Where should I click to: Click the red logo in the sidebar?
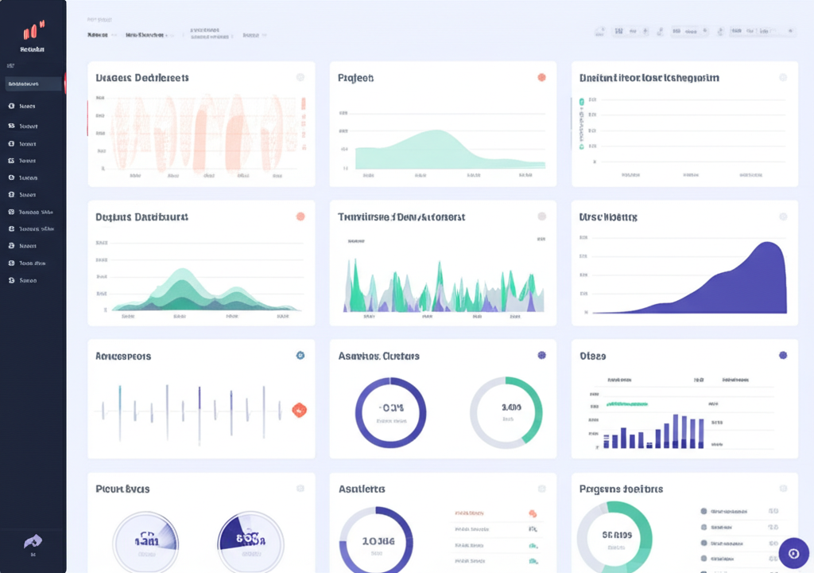(33, 32)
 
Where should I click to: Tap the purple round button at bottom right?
(793, 552)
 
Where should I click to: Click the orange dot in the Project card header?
(541, 78)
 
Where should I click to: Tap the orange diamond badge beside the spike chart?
(299, 410)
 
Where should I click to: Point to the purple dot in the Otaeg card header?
(783, 356)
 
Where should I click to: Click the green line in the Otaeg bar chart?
(636, 404)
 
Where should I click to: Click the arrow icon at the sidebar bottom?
(33, 540)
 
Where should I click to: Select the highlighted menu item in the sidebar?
(33, 84)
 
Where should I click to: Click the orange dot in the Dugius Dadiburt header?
(300, 216)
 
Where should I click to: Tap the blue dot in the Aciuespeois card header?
(300, 356)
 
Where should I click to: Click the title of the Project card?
(355, 78)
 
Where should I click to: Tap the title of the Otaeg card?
(592, 356)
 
